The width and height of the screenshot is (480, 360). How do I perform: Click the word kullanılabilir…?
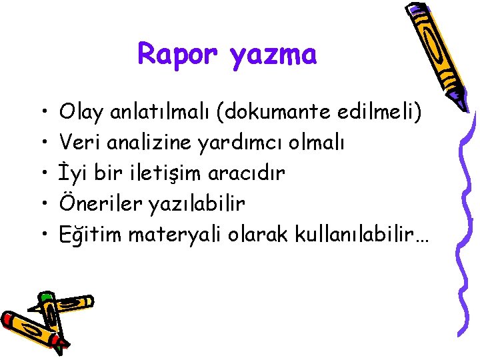354,234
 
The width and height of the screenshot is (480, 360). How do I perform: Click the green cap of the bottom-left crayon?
45,297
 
